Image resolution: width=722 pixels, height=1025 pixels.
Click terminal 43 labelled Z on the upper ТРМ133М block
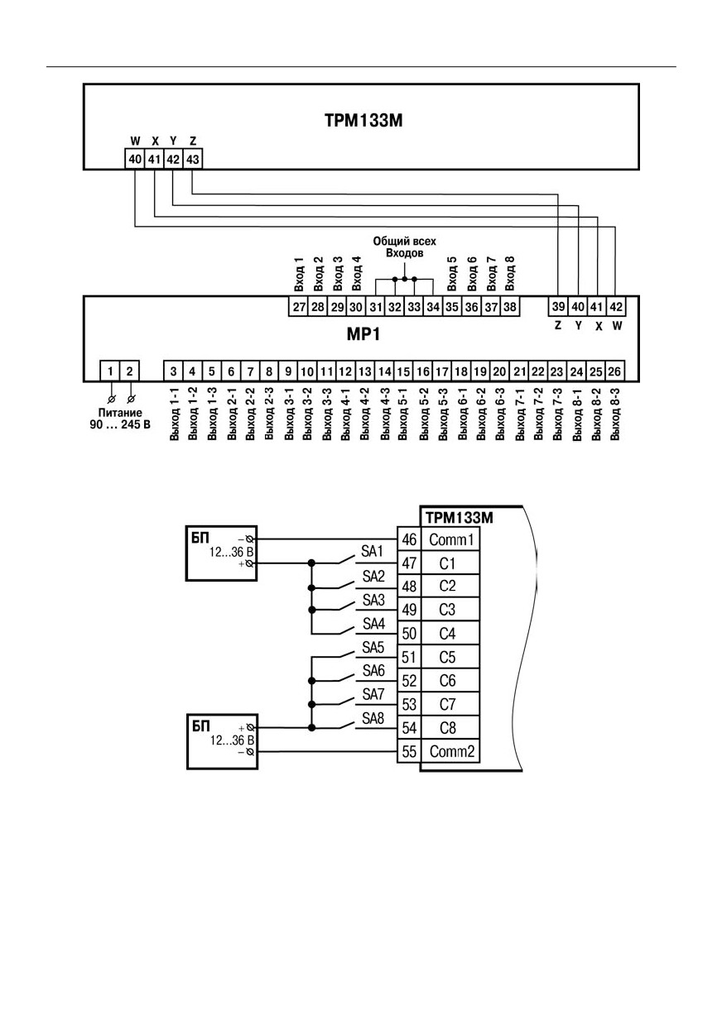coord(193,159)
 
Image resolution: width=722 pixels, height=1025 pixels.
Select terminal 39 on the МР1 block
coord(558,306)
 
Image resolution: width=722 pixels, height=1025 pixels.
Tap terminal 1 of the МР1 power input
coord(110,371)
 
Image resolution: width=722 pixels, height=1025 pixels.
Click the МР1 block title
coord(363,334)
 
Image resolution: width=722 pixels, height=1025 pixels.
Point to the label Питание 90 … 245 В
coord(120,419)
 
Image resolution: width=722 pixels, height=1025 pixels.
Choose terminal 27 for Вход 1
coord(299,307)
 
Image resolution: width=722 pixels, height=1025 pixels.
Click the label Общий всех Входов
coord(405,247)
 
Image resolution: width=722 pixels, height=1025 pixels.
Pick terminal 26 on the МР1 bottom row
coord(615,371)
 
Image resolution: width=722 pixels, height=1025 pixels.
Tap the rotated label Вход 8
coord(510,274)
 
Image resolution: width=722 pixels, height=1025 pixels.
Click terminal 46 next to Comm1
coord(409,539)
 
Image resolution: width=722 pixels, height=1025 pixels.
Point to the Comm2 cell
coord(451,751)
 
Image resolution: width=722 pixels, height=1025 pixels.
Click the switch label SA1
coord(372,552)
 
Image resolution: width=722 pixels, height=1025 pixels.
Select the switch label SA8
coord(373,718)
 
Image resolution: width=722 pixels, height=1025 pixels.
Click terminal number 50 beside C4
coord(409,634)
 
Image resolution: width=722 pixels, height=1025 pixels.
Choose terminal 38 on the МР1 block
coord(509,307)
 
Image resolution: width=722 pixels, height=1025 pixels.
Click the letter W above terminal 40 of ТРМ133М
coord(135,141)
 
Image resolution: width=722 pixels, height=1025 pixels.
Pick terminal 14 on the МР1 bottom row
coord(384,371)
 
